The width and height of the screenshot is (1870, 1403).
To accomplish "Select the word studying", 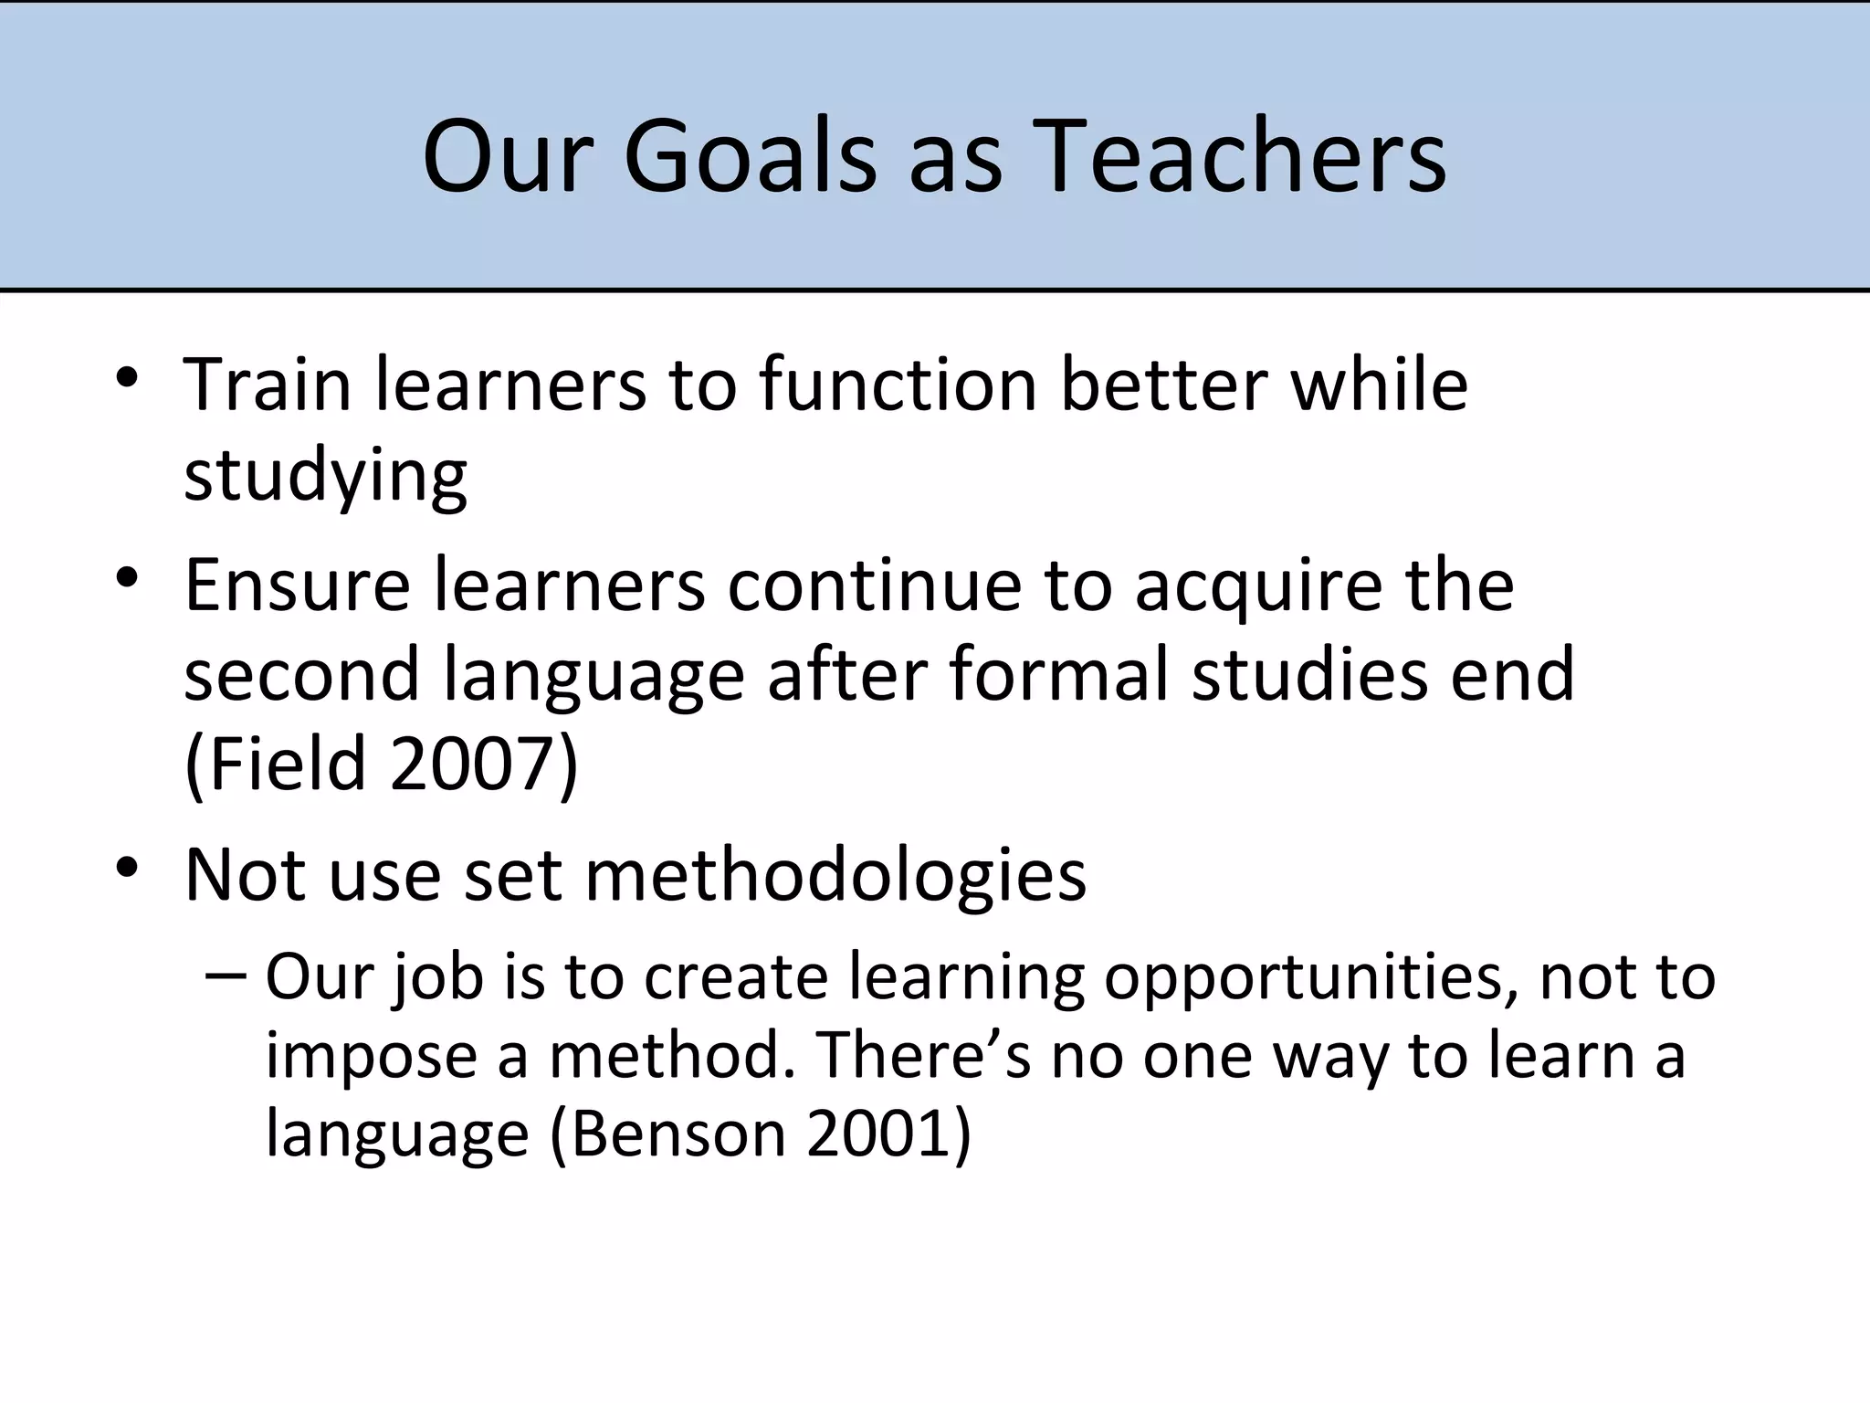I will point(326,477).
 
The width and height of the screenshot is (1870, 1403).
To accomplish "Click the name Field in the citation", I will point(285,764).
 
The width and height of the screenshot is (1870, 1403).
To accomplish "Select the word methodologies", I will point(835,875).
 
